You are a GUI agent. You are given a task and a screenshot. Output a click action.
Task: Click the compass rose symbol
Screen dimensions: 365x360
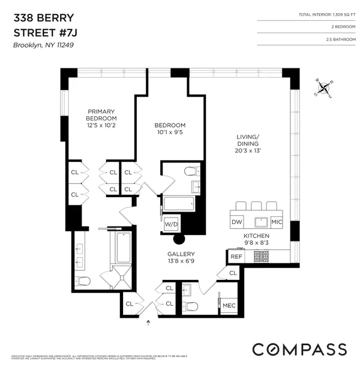click(x=325, y=89)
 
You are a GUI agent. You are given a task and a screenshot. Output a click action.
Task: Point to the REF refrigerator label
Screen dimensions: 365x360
click(x=236, y=256)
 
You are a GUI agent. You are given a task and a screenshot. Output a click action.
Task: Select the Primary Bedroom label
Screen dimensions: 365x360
click(x=101, y=115)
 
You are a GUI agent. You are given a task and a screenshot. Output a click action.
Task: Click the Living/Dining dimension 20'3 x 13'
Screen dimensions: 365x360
click(x=247, y=150)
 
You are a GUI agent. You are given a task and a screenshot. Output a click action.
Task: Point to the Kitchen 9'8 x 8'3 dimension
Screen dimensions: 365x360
click(x=256, y=244)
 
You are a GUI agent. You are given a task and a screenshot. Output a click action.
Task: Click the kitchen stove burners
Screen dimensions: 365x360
click(x=262, y=256)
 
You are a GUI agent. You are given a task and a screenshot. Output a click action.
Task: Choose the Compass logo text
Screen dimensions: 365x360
click(x=299, y=349)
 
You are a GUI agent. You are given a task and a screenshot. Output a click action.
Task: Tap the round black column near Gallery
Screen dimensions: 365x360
click(x=178, y=240)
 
